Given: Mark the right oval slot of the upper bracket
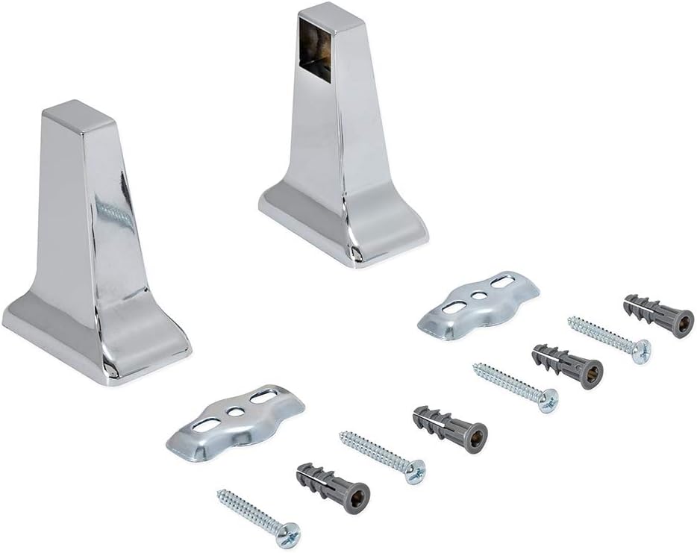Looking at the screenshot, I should [501, 282].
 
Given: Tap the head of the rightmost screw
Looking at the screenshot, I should [640, 351].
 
